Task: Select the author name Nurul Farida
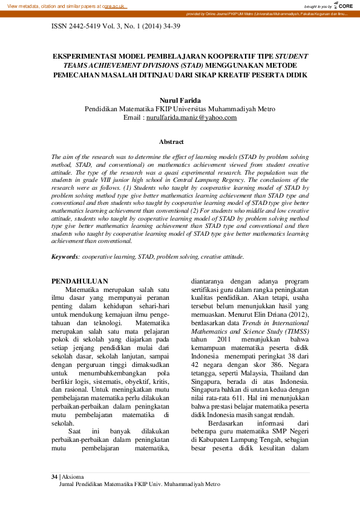tap(179, 100)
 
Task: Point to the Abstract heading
tap(171, 141)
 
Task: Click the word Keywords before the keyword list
tap(65, 257)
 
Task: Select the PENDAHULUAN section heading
tap(79, 281)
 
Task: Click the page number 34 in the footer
tap(54, 477)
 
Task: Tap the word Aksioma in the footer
tap(74, 477)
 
